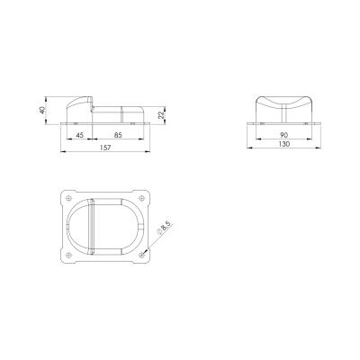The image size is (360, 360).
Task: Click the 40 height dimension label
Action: pos(42,110)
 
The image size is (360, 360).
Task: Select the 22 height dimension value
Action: pos(161,115)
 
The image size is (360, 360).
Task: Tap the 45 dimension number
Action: pos(79,135)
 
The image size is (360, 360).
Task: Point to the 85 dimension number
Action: pos(118,135)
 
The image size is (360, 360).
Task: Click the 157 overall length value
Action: pos(105,148)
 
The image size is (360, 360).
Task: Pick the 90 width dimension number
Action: pos(283,135)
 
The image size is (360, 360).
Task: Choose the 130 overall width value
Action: pos(283,144)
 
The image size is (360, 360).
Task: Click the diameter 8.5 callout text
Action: pos(164,228)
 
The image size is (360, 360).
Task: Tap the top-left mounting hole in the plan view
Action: pos(69,198)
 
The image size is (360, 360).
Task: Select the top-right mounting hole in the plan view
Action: pos(141,198)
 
